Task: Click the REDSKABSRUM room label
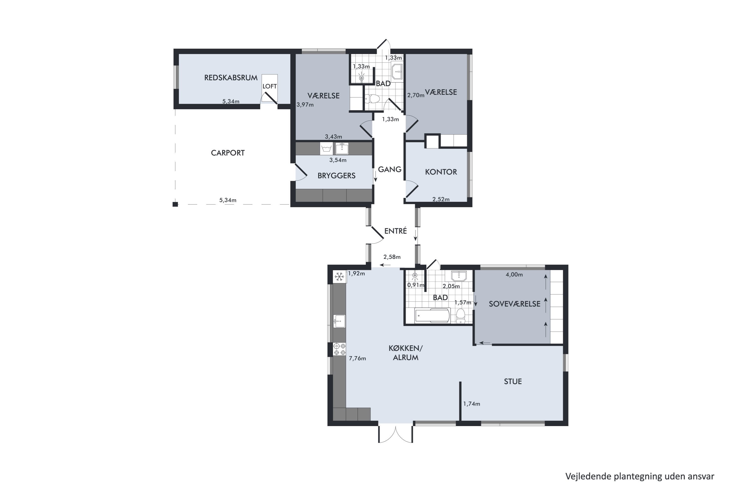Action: (231, 78)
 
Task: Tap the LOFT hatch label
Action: (269, 86)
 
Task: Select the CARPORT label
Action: (227, 153)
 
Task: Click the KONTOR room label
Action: (441, 172)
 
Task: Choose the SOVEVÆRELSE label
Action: (515, 304)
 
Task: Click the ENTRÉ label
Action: (395, 231)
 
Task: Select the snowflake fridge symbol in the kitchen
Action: (339, 277)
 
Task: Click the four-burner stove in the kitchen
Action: (339, 349)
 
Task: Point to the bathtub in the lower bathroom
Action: (432, 315)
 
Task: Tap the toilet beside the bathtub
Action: (461, 316)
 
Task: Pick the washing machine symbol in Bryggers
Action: (326, 148)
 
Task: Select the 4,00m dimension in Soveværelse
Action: (514, 274)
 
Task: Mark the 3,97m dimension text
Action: (305, 104)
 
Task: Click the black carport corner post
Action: (175, 204)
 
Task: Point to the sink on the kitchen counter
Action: (339, 321)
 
